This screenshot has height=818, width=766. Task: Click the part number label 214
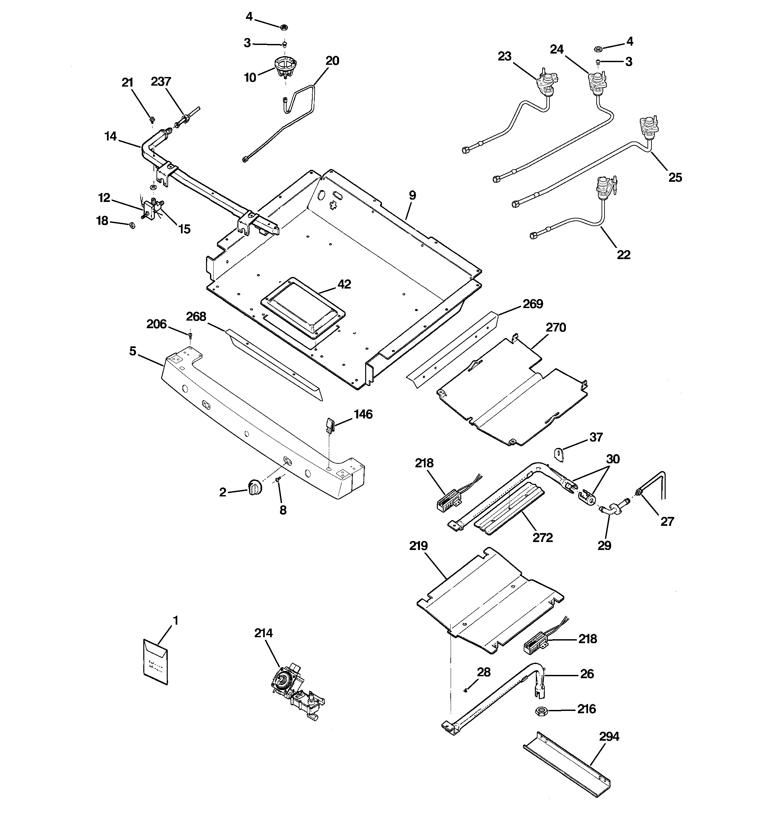click(263, 633)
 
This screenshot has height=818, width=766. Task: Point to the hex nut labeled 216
click(541, 711)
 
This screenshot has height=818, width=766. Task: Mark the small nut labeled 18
click(132, 225)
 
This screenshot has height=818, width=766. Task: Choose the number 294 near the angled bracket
click(609, 736)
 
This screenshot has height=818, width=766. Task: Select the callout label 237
click(161, 82)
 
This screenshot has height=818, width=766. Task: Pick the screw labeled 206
click(191, 335)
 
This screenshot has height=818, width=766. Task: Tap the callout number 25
click(675, 177)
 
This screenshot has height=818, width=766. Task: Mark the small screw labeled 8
click(278, 480)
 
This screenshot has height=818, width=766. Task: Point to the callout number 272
click(542, 537)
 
